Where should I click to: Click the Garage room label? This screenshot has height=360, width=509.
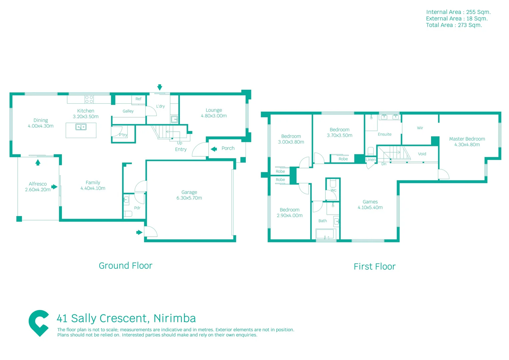[x=189, y=192]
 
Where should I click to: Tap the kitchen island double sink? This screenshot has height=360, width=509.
[x=81, y=127]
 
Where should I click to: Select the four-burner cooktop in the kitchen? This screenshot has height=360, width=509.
[x=89, y=99]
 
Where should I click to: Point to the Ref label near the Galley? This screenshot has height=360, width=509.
[x=138, y=99]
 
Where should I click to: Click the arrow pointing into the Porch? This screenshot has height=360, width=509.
[x=214, y=149]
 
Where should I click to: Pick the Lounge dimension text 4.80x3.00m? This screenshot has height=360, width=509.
[x=214, y=116]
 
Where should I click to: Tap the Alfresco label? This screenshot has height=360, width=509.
[x=38, y=184]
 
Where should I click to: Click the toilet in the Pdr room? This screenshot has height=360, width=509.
[x=128, y=214]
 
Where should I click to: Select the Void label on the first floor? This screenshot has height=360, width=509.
[x=422, y=154]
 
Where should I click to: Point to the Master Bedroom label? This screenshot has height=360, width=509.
[x=467, y=139]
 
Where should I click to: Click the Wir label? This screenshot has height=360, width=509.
[x=420, y=128]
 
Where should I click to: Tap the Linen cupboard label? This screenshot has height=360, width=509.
[x=371, y=160]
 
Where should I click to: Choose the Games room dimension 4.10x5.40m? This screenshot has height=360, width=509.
[x=370, y=207]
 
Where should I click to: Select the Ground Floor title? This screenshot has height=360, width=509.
[x=126, y=266]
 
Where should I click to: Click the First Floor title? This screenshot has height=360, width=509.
[x=374, y=267]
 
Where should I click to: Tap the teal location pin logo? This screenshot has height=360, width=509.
[x=39, y=323]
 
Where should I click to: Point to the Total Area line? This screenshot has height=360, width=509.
[x=454, y=25]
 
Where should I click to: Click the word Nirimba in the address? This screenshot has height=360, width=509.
[x=175, y=318]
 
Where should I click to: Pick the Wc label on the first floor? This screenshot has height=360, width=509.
[x=333, y=190]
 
